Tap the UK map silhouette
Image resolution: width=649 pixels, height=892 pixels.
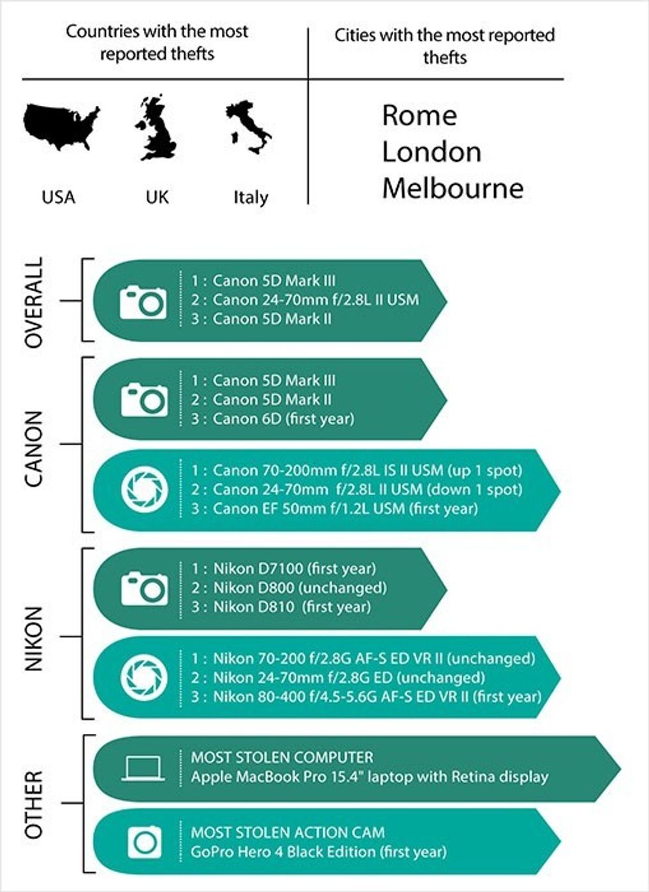(156, 128)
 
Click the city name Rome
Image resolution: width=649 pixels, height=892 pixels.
(419, 116)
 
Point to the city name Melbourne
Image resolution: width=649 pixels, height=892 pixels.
(453, 189)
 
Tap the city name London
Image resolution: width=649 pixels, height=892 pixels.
(432, 152)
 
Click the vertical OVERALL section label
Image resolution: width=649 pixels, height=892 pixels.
(34, 302)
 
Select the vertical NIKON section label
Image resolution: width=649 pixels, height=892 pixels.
(34, 639)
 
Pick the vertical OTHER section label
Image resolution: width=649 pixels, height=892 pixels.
(34, 805)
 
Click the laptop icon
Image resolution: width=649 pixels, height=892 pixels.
(143, 768)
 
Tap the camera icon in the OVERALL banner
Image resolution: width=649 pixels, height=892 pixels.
(143, 302)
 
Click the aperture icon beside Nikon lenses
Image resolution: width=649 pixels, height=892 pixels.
(144, 678)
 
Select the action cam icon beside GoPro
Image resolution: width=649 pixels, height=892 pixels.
(145, 842)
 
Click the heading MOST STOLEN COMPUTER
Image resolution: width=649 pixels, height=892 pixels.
(282, 757)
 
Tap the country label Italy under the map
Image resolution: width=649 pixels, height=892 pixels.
(251, 197)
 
